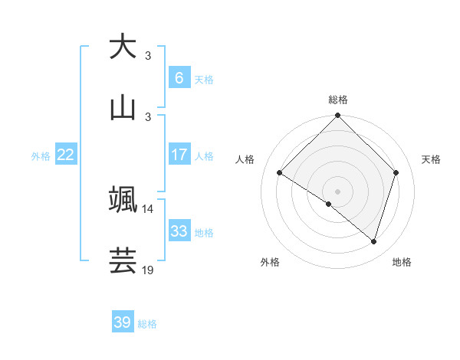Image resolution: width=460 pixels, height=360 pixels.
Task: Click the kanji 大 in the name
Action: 123,47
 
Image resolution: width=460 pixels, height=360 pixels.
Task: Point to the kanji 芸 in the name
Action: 123,260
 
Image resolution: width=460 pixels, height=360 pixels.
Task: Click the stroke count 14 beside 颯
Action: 148,208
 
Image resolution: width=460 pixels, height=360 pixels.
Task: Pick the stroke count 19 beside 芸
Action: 148,270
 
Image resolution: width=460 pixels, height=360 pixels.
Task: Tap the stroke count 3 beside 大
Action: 148,56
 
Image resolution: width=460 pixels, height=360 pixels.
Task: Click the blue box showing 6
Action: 179,77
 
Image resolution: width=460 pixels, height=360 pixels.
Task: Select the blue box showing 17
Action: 179,155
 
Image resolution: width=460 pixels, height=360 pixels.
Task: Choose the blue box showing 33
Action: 179,231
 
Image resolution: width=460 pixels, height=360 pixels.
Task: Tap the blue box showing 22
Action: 66,155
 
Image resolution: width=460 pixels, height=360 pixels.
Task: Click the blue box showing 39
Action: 123,322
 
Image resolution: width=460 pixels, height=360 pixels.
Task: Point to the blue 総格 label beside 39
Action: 147,324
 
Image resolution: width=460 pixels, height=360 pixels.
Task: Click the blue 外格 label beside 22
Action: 41,155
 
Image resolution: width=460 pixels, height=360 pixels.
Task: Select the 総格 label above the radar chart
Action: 338,100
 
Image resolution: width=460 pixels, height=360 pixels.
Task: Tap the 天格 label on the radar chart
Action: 431,159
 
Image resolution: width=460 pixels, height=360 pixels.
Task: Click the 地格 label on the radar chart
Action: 402,262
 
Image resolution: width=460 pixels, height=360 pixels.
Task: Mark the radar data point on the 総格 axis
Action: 337,116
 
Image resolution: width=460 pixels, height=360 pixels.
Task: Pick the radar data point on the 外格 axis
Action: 329,204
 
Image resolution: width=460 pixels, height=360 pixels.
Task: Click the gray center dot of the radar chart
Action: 337,191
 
